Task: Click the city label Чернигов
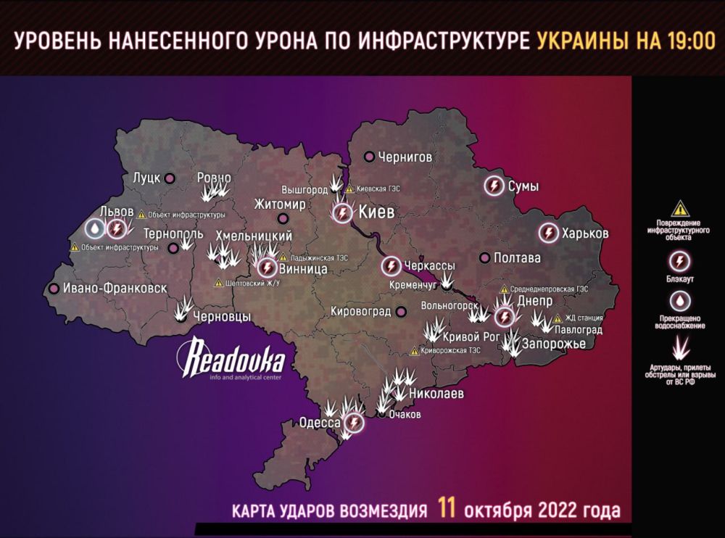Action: [405, 157]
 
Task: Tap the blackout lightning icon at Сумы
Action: [494, 186]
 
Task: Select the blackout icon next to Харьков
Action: [549, 234]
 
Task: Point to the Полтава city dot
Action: [484, 257]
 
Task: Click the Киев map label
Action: [376, 213]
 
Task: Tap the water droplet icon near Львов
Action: [94, 229]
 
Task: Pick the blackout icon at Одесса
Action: [354, 422]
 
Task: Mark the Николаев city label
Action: [436, 394]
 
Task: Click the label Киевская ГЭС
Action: [378, 189]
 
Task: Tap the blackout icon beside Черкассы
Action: [391, 266]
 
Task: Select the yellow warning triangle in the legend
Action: [679, 208]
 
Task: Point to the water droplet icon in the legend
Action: [679, 301]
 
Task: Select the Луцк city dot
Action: [170, 178]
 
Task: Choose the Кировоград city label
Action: [360, 312]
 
